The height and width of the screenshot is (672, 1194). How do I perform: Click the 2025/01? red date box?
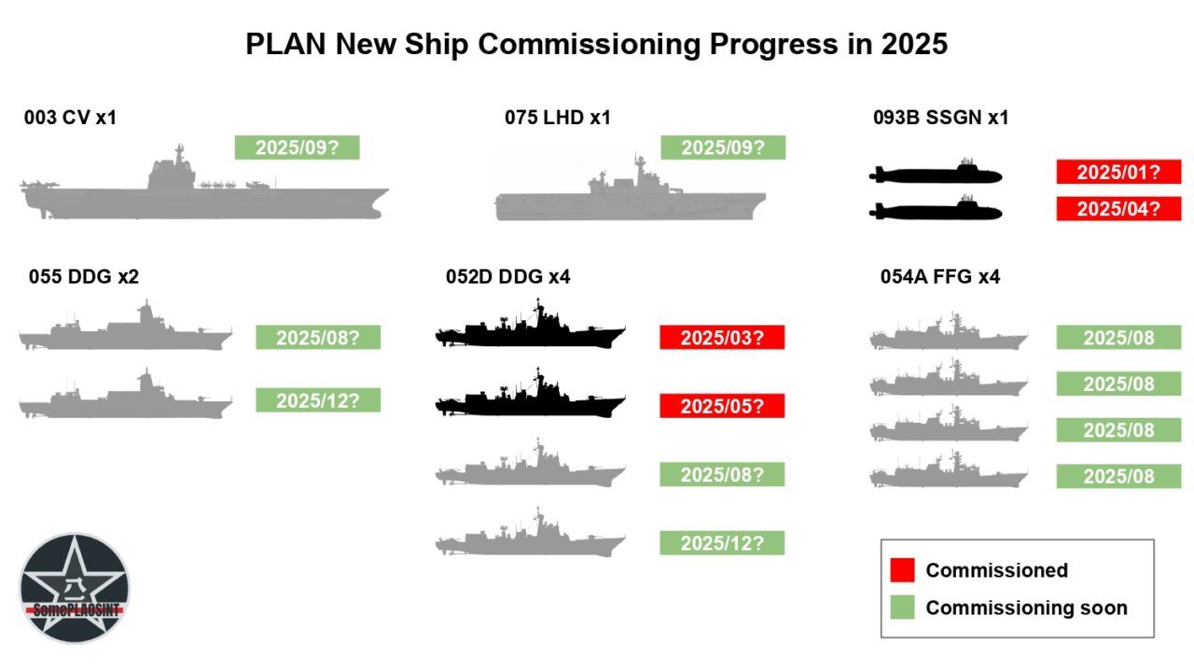(x=1118, y=172)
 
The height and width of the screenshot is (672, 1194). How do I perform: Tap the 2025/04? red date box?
(x=1118, y=209)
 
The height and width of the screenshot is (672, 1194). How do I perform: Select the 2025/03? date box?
(x=722, y=338)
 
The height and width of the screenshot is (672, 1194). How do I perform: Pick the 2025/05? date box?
(x=722, y=406)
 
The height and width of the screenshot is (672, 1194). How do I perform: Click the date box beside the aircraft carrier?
(x=297, y=147)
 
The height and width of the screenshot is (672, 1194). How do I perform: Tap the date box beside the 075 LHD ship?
(x=723, y=147)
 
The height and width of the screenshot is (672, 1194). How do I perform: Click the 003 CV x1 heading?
(x=70, y=118)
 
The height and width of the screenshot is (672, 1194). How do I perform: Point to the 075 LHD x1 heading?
(x=558, y=118)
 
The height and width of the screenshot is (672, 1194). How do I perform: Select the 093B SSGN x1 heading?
(x=940, y=118)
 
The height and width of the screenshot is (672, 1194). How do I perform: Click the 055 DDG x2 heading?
(x=84, y=276)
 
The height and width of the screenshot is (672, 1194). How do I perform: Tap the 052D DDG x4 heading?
(x=507, y=276)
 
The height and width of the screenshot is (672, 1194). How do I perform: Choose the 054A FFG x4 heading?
(x=940, y=276)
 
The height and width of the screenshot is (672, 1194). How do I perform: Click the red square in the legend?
(x=902, y=570)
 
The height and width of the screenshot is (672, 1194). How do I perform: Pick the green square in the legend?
(x=902, y=608)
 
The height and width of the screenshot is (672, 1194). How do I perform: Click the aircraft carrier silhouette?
(x=203, y=187)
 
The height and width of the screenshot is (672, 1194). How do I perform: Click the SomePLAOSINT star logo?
(x=75, y=588)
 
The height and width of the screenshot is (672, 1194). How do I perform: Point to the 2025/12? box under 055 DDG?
(x=318, y=400)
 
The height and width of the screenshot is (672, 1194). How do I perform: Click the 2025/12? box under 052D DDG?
(x=722, y=543)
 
